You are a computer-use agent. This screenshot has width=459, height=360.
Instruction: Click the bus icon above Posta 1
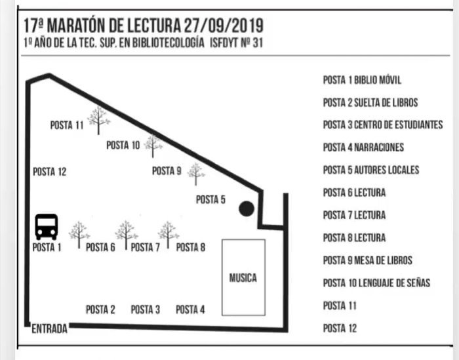[47, 227]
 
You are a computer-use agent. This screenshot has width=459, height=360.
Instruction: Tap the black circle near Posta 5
[247, 209]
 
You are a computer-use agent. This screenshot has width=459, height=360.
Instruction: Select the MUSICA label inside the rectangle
[243, 278]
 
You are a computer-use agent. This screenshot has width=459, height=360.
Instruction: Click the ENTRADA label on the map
[49, 329]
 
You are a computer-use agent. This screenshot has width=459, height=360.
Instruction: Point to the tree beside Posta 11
[98, 120]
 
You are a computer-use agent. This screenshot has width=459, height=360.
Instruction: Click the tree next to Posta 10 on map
[153, 146]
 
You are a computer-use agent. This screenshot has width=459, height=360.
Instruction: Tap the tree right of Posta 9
[196, 174]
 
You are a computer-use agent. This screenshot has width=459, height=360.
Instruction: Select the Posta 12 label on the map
[49, 172]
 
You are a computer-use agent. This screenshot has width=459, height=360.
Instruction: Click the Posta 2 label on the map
[100, 310]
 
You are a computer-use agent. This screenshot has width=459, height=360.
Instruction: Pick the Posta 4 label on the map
[190, 310]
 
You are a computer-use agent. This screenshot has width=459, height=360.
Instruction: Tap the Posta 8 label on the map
[191, 247]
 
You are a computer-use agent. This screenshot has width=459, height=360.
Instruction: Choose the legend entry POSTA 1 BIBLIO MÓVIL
[362, 80]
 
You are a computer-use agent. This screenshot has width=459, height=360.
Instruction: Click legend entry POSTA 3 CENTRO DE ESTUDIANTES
[383, 125]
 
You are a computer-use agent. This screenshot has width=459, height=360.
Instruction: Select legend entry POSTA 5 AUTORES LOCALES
[371, 170]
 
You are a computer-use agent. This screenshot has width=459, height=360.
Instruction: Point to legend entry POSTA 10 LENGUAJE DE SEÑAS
[376, 283]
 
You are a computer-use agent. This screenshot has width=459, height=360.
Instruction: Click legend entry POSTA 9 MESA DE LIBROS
[368, 260]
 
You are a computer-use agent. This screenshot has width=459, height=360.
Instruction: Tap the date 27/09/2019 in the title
[224, 26]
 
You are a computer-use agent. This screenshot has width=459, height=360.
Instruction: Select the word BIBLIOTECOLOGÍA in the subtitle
[169, 43]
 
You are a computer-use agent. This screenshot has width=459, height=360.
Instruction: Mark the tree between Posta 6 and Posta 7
[126, 235]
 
